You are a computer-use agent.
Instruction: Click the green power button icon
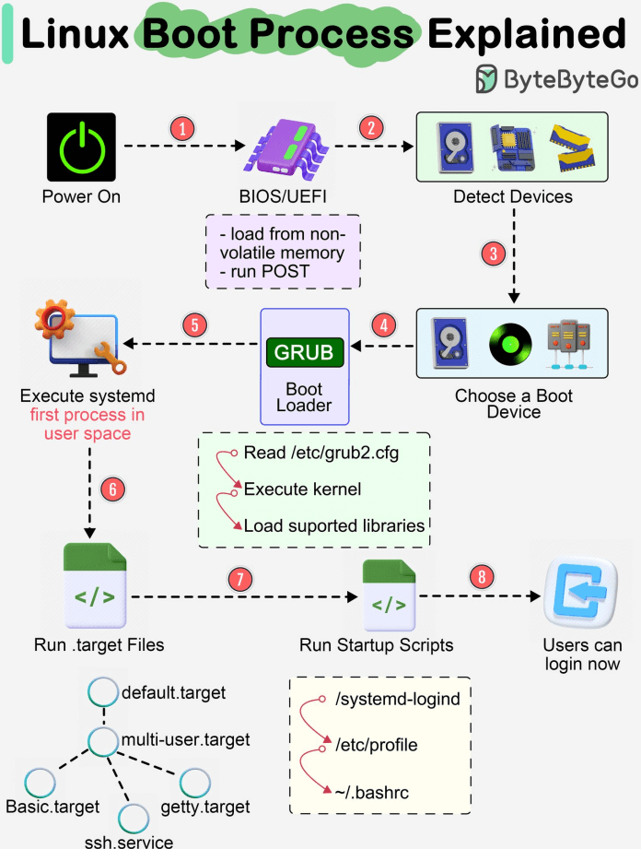tap(81, 147)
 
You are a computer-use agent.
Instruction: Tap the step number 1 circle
tap(183, 129)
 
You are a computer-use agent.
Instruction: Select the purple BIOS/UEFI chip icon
tap(284, 147)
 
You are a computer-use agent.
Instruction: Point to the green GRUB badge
tap(305, 352)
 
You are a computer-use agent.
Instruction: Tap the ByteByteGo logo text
tap(570, 79)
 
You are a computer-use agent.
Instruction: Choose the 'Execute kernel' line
tap(302, 489)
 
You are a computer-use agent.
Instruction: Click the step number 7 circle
tap(239, 579)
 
